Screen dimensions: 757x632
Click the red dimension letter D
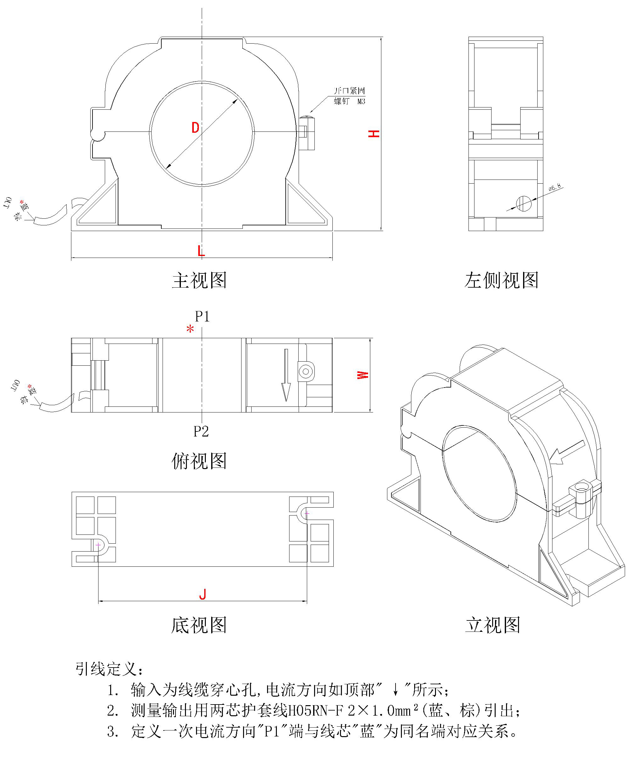pyautogui.click(x=195, y=128)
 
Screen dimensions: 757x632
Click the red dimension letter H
pyautogui.click(x=374, y=134)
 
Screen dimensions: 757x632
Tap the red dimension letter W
pyautogui.click(x=363, y=375)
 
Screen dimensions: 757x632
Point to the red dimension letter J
pyautogui.click(x=203, y=594)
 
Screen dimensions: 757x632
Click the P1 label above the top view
pyautogui.click(x=202, y=316)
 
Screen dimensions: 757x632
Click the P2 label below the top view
pyautogui.click(x=201, y=431)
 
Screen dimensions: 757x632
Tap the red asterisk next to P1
pyautogui.click(x=190, y=329)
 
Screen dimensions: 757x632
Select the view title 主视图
pyautogui.click(x=199, y=280)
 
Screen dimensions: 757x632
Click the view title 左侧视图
pyautogui.click(x=501, y=280)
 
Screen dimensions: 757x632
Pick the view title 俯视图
pyautogui.click(x=199, y=461)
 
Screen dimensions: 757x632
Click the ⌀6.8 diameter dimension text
pyautogui.click(x=555, y=187)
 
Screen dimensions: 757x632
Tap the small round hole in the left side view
pyautogui.click(x=524, y=203)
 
